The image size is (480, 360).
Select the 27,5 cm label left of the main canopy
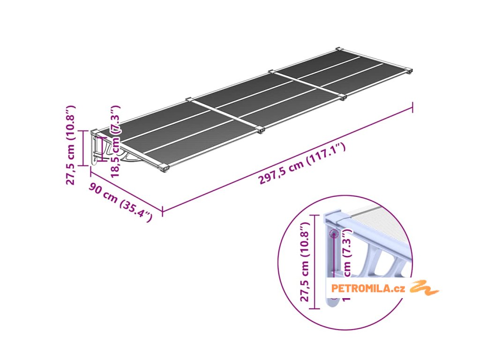pyautogui.click(x=71, y=145)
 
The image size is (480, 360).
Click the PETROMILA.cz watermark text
pyautogui.click(x=367, y=288)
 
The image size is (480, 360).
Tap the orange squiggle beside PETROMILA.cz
pyautogui.click(x=424, y=288)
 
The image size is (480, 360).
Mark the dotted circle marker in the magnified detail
pyautogui.click(x=334, y=233)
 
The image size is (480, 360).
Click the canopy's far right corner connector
pyautogui.click(x=410, y=71)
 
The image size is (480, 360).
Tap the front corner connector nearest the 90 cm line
pyautogui.click(x=164, y=167)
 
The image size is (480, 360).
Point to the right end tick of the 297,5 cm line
pyautogui.click(x=413, y=107)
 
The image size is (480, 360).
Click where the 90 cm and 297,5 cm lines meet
pyautogui.click(x=162, y=211)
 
